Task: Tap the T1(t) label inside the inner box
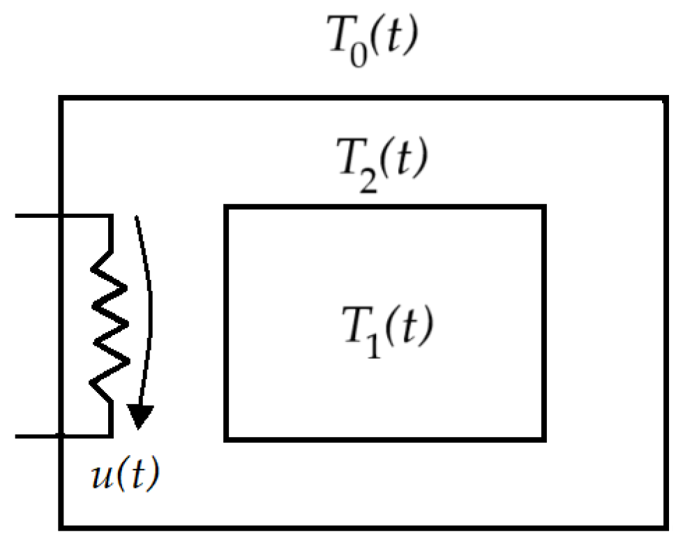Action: pos(383,329)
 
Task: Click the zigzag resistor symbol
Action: pos(110,325)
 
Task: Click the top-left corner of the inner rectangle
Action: pos(225,207)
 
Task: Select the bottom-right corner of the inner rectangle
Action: pos(543,439)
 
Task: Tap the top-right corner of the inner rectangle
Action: pos(543,207)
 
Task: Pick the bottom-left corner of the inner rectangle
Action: pos(225,439)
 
